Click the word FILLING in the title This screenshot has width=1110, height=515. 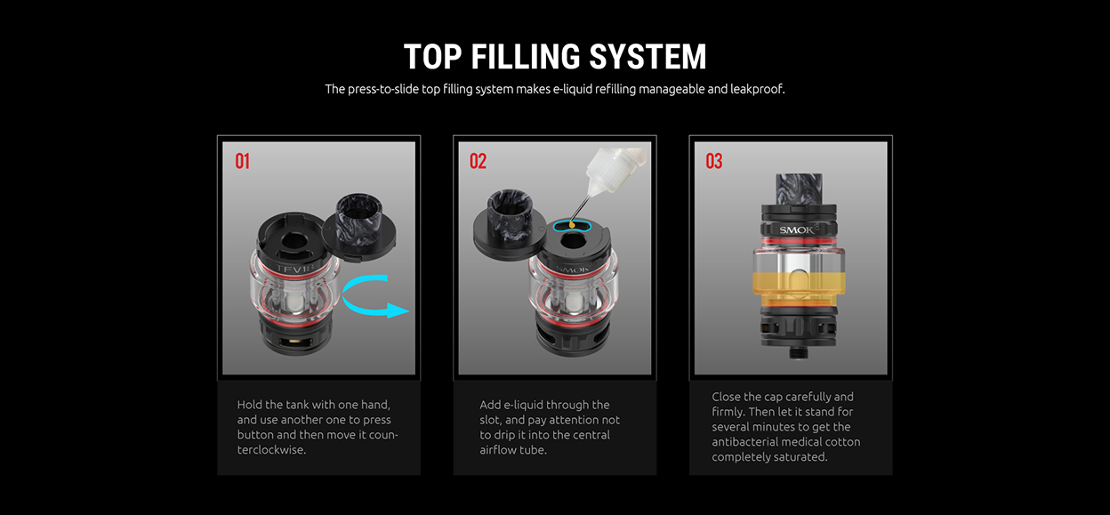point(526,57)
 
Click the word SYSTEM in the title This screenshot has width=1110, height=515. point(647,57)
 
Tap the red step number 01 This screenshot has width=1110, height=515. point(242,161)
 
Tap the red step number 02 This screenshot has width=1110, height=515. point(479,161)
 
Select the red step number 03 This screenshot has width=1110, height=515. point(714,161)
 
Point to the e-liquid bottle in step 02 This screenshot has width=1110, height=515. point(615,171)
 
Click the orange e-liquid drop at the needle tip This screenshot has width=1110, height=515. point(573,225)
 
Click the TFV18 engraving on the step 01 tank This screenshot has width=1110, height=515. point(295,270)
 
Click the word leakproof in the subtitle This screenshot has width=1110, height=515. point(757,89)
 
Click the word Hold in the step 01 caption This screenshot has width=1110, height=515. point(249,405)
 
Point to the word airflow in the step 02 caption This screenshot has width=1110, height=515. point(498,449)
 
